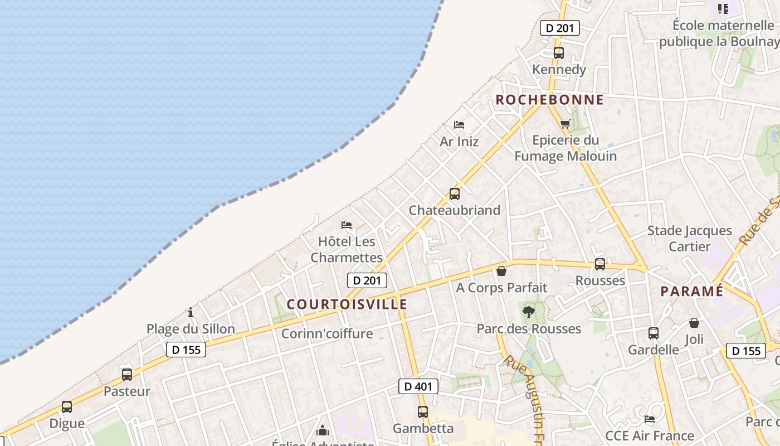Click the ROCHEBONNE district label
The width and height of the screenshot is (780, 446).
[549, 100]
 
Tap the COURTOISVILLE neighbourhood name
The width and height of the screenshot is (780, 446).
[347, 304]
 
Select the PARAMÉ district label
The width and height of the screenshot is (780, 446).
[691, 291]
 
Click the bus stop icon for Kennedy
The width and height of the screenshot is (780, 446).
[558, 53]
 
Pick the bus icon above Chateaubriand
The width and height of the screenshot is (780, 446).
[455, 194]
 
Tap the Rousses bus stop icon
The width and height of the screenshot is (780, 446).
[599, 264]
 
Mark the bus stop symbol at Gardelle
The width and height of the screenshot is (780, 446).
[653, 333]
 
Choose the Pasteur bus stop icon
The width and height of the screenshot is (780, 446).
[127, 375]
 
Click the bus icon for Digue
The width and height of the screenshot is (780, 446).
[67, 407]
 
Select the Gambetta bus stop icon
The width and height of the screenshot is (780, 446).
[423, 412]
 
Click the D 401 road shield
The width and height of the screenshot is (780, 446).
[418, 386]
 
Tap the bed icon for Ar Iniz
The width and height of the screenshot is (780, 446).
[459, 125]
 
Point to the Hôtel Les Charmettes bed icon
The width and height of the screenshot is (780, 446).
[347, 225]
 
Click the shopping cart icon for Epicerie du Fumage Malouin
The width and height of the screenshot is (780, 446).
[565, 124]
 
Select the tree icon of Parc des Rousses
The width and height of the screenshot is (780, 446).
[528, 312]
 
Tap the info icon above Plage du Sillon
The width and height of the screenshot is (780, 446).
[191, 312]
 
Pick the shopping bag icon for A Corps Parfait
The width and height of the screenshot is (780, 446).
[501, 272]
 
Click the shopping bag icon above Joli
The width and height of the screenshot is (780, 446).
[694, 323]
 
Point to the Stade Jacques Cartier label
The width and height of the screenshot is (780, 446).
[689, 239]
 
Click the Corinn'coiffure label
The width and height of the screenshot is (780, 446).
[327, 334]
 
